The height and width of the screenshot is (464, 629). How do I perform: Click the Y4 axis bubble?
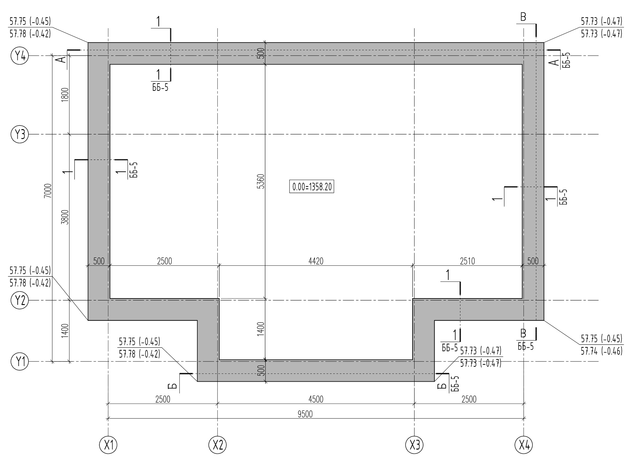[x=20, y=56]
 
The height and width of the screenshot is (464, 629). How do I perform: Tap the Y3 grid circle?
[x=20, y=134]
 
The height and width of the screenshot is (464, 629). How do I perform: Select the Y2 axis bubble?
[x=20, y=300]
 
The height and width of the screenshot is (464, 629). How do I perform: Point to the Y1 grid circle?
[x=20, y=362]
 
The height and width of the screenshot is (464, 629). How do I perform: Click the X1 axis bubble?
[x=108, y=445]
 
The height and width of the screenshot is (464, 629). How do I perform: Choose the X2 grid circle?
[x=218, y=445]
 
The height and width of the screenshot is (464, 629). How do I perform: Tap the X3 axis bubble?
[x=415, y=445]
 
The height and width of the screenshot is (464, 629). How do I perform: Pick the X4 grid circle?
[x=524, y=445]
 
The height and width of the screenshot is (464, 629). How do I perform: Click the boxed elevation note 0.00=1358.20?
[x=312, y=187]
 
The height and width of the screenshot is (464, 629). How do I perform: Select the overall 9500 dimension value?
[x=305, y=414]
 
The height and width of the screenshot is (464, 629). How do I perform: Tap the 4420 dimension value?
[x=316, y=261]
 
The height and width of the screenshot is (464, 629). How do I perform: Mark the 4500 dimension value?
[x=316, y=399]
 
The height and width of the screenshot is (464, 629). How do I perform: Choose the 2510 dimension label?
[x=467, y=261]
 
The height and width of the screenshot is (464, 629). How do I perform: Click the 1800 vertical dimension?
[x=65, y=95]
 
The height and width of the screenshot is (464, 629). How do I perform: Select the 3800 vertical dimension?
[x=65, y=217]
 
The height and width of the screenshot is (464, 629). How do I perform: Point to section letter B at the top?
[x=523, y=17]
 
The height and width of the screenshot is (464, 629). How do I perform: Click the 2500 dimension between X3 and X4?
[x=469, y=399]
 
